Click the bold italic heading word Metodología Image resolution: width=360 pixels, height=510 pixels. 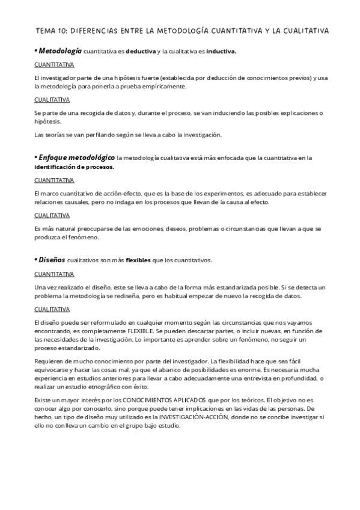pos(60,51)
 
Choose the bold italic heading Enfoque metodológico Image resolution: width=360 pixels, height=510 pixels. pos(76,158)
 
